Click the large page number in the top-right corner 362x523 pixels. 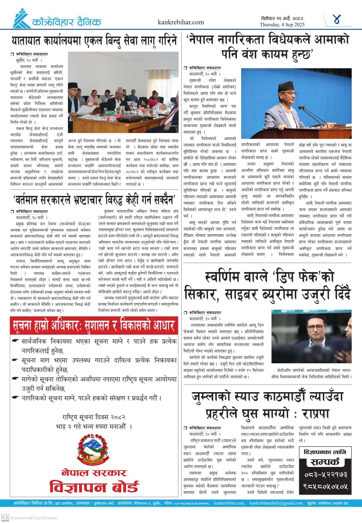[x=336, y=19]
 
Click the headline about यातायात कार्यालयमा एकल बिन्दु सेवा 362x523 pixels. [x=94, y=41]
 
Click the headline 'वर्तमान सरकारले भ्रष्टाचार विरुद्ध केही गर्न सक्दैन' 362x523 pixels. [x=93, y=199]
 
